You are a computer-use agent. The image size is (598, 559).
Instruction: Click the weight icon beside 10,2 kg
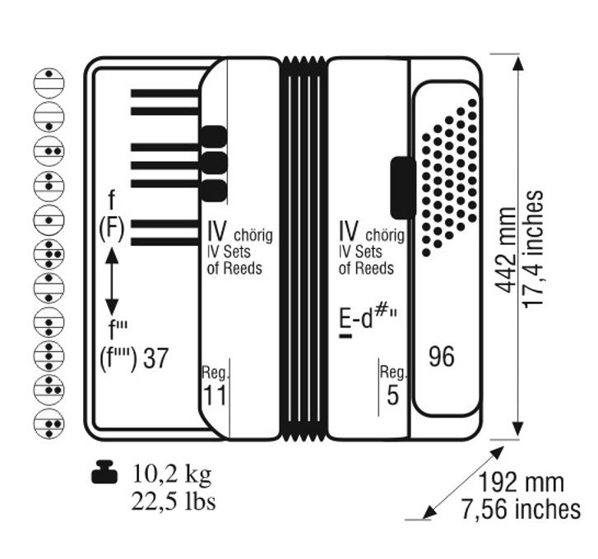pyautogui.click(x=104, y=472)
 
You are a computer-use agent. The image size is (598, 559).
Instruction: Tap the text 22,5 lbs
pyautogui.click(x=174, y=501)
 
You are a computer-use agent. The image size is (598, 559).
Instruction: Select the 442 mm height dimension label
pyautogui.click(x=505, y=251)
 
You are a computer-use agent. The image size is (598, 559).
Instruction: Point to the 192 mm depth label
pyautogui.click(x=521, y=482)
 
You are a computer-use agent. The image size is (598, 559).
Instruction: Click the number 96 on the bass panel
pyautogui.click(x=442, y=357)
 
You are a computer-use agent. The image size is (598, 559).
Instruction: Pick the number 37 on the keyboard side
pyautogui.click(x=155, y=358)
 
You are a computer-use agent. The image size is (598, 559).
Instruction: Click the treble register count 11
pyautogui.click(x=215, y=395)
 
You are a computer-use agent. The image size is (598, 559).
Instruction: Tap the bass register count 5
pyautogui.click(x=392, y=395)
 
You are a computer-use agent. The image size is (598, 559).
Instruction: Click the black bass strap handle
pyautogui.click(x=403, y=187)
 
